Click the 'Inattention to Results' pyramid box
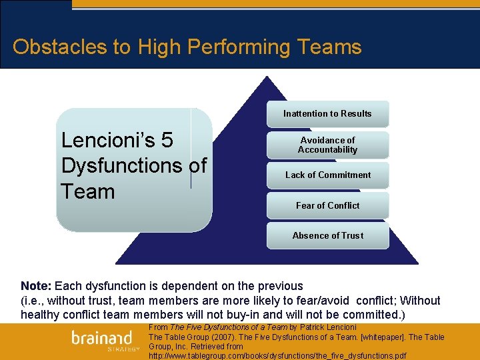coord(327,113)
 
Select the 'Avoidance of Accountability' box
coord(327,145)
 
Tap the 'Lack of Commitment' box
coord(327,175)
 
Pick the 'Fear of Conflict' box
coord(327,205)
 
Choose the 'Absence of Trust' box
coord(327,235)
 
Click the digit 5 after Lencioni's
coord(167,140)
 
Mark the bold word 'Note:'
coord(37,286)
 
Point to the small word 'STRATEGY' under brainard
coord(123,349)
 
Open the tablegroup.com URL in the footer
coord(277,356)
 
